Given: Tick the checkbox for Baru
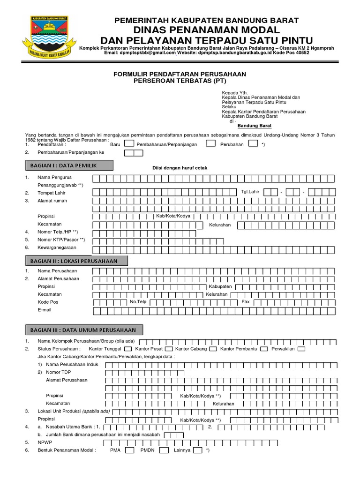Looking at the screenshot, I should [130, 144].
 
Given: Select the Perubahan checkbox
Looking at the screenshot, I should [253, 144].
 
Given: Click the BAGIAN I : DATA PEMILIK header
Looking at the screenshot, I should [69, 165].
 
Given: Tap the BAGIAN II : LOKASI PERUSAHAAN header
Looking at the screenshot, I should [76, 261].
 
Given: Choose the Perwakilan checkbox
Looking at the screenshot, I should [301, 349].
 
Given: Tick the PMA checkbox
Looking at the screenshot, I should [130, 450].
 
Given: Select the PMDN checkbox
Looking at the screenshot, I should [164, 450].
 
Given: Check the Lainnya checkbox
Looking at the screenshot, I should [198, 450].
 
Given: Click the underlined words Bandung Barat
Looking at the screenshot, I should [255, 126].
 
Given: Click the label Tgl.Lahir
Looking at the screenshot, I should [249, 192].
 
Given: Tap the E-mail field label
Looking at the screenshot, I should [45, 310].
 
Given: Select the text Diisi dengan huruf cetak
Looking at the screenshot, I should [180, 168].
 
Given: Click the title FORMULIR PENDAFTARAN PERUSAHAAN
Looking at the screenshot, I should [180, 74].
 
